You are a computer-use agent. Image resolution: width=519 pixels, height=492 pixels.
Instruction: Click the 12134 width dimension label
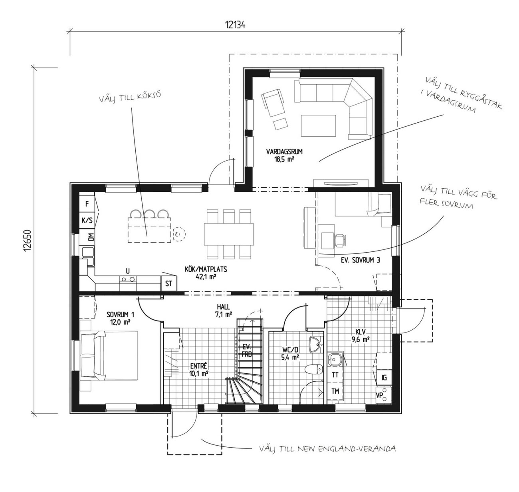pyautogui.click(x=235, y=25)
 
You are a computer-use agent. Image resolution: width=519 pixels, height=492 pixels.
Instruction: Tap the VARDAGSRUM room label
pyautogui.click(x=284, y=152)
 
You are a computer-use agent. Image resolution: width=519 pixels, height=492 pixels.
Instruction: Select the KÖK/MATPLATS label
pyautogui.click(x=206, y=269)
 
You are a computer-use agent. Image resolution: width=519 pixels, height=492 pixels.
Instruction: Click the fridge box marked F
pyautogui.click(x=87, y=203)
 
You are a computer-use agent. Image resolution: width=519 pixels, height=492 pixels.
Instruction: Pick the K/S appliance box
pyautogui.click(x=87, y=220)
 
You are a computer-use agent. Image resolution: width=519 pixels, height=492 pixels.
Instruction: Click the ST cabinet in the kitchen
pyautogui.click(x=168, y=283)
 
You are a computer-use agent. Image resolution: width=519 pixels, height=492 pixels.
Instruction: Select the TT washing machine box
pyautogui.click(x=335, y=375)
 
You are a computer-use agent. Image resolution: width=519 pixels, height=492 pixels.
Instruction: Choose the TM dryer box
pyautogui.click(x=335, y=390)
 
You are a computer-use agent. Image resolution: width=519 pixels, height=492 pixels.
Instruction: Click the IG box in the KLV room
pyautogui.click(x=384, y=377)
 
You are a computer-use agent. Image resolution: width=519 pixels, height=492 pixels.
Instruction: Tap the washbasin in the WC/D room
pyautogui.click(x=316, y=345)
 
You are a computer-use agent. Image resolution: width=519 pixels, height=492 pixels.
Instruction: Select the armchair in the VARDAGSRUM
pyautogui.click(x=272, y=102)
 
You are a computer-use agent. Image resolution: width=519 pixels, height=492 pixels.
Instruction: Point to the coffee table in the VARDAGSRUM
pyautogui.click(x=319, y=125)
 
